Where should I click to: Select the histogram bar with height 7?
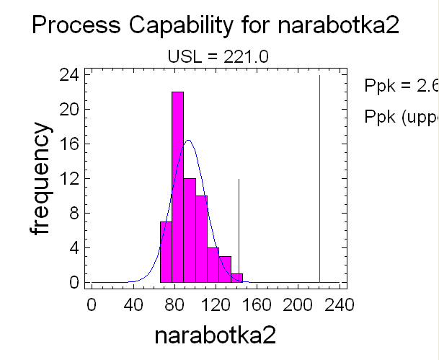166,252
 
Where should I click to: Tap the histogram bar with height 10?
201,238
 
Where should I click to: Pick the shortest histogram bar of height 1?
236,278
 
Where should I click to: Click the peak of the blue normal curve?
189,141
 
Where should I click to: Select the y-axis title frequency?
41,178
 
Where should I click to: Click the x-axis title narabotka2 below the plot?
216,335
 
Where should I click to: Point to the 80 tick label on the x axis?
174,304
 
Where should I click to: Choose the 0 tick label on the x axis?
92,304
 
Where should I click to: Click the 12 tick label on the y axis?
69,179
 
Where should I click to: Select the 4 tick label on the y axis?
74,248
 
